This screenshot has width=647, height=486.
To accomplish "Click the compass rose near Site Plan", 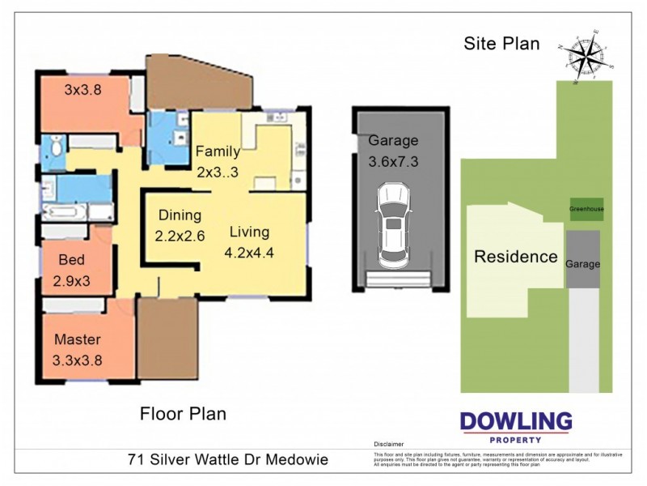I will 589,58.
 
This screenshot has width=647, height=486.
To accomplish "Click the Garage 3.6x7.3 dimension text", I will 392,150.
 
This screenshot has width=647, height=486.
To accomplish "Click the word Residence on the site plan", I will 515,257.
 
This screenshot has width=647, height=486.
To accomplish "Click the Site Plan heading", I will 501,44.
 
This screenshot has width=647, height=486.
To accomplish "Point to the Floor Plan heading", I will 184,414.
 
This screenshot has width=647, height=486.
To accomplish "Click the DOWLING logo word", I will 515,422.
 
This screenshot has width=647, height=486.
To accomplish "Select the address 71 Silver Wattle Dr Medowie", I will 228,460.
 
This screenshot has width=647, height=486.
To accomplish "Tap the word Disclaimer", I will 388,445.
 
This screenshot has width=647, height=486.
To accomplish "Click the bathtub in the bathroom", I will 67,212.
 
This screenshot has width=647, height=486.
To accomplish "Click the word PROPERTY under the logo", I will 515,439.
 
